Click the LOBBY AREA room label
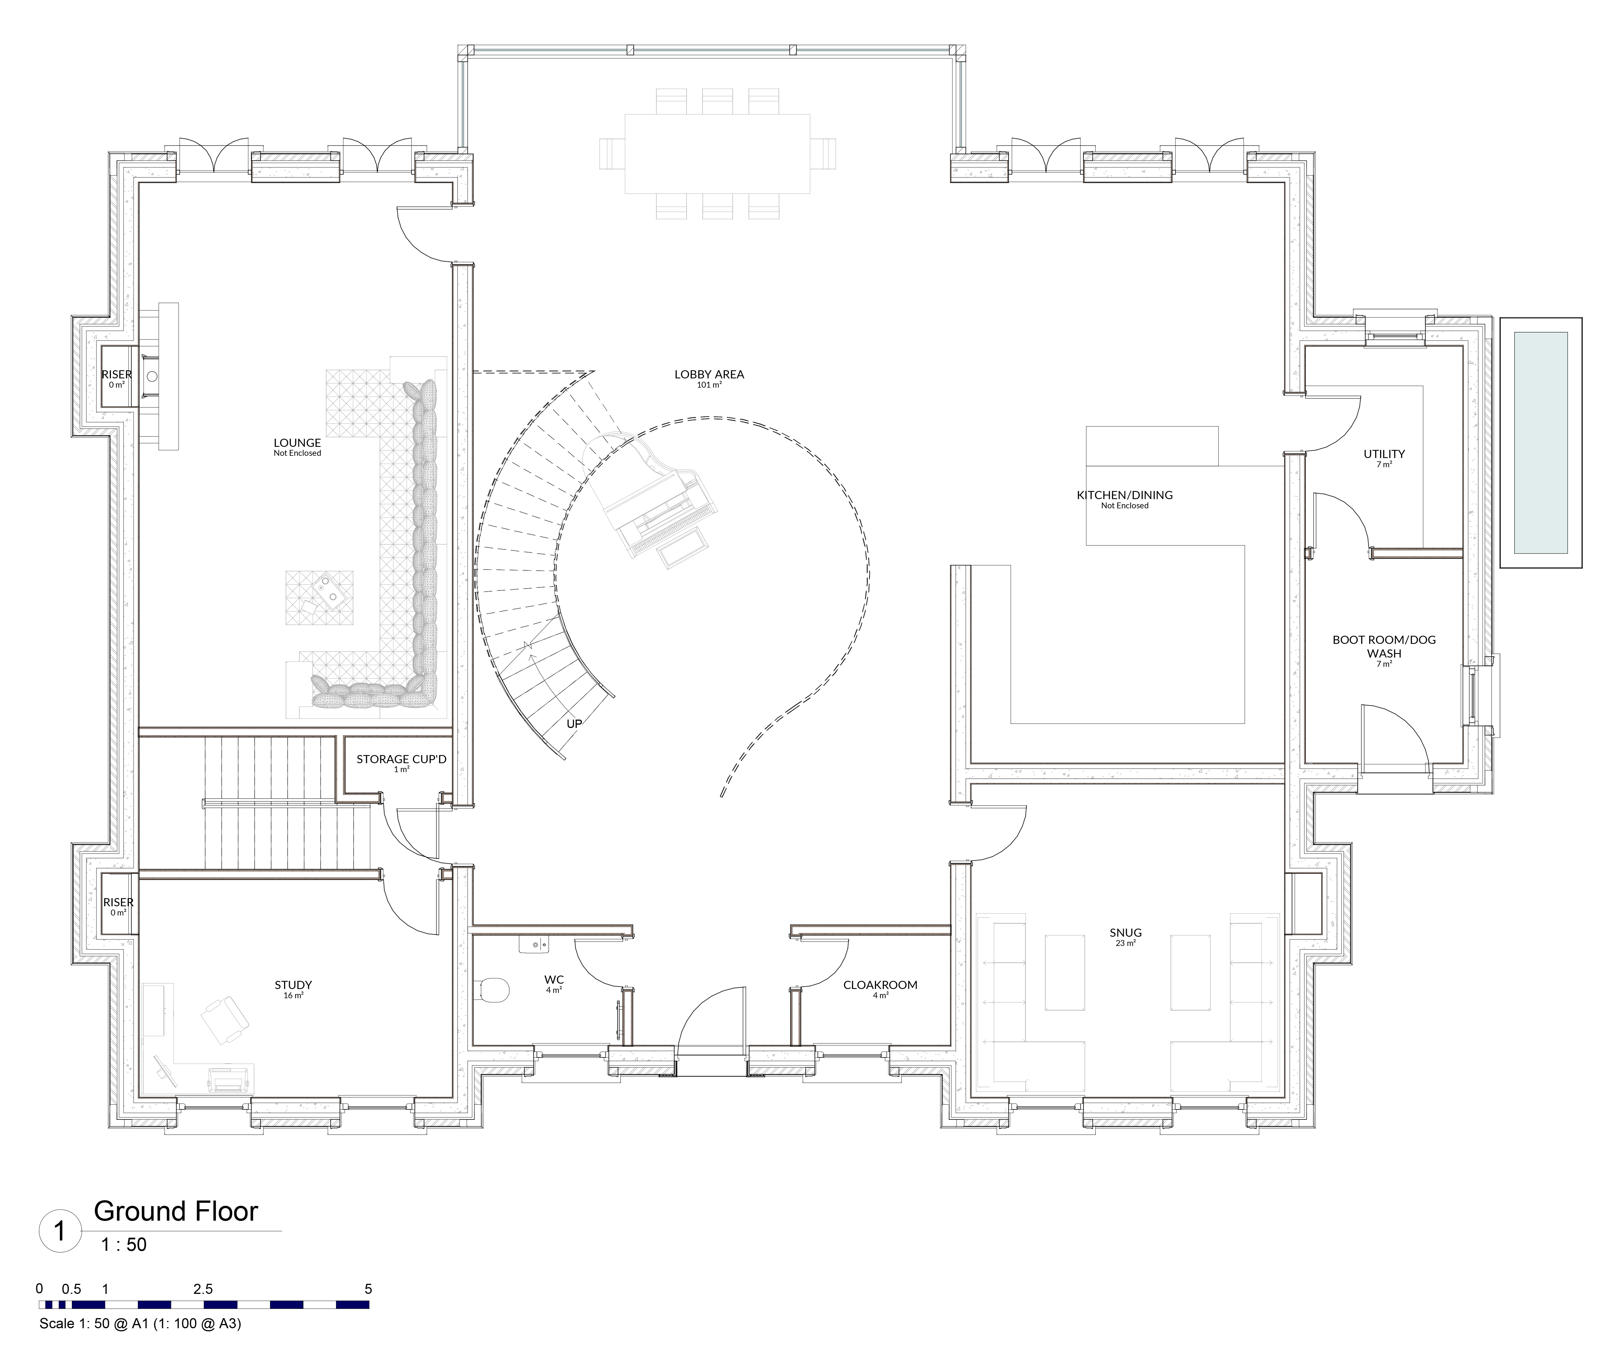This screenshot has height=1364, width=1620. pos(709,374)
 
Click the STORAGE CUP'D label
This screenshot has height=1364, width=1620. pos(401,759)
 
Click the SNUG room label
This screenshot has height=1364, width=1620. pos(1125,933)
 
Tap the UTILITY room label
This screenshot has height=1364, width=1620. pos(1384,454)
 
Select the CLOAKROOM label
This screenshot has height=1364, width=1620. pos(880,985)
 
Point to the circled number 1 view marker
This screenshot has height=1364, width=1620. pos(60,1230)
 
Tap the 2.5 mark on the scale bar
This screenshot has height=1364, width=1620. pos(203,1289)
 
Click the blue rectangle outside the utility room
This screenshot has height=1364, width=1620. pos(1540,442)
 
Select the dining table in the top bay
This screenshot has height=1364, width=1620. pos(717,153)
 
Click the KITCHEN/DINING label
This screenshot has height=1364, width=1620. pos(1124,495)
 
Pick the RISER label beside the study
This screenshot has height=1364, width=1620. pos(118,902)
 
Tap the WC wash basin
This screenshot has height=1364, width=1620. pos(535,944)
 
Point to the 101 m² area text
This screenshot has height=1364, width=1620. pos(709,385)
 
